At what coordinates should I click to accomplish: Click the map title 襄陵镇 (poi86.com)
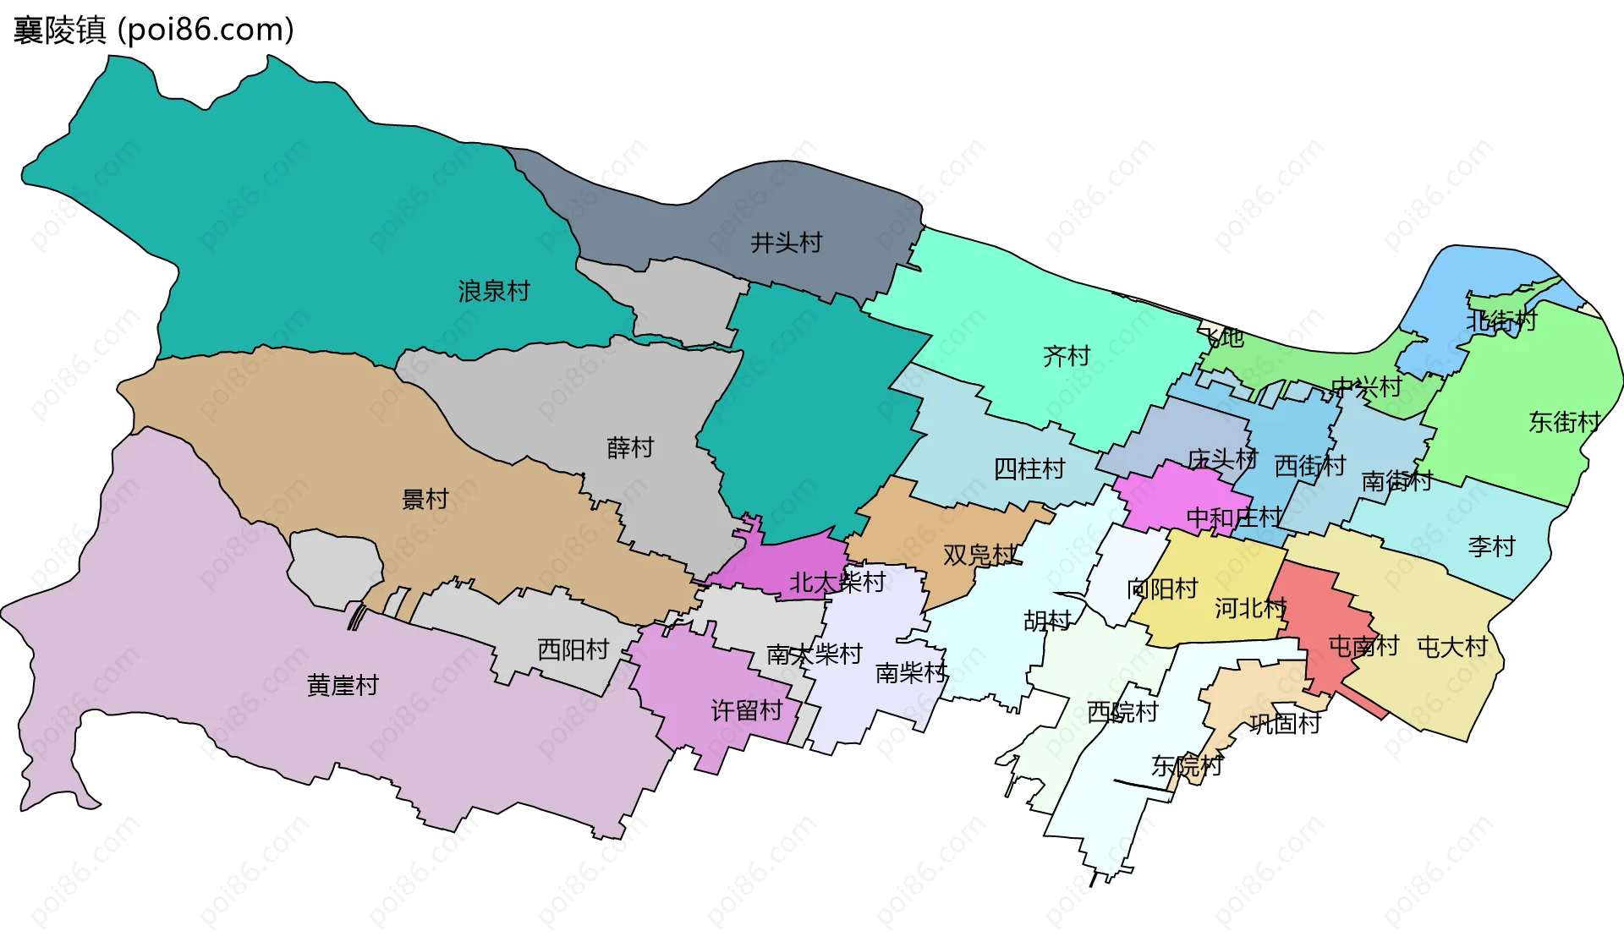pos(153,30)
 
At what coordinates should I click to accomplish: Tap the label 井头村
pos(786,243)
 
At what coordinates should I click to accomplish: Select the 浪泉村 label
pos(493,291)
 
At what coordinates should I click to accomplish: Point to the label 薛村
pos(630,447)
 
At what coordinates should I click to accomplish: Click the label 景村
pos(425,499)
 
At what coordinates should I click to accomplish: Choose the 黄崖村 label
pos(342,685)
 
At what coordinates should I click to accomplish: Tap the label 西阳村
pos(573,649)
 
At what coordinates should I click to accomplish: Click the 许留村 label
pos(746,710)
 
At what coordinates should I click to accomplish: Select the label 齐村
pos(1066,356)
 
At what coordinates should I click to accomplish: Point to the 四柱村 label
pos(1029,468)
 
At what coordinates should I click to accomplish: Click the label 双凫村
pos(979,555)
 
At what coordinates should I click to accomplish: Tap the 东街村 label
pos(1564,421)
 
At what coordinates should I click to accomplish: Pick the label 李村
pos(1490,546)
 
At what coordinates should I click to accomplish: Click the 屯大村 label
pos(1451,647)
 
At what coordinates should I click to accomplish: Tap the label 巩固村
pos(1285,723)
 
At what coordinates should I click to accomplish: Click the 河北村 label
pos(1249,607)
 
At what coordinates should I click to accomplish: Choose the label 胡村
pos(1047,621)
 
